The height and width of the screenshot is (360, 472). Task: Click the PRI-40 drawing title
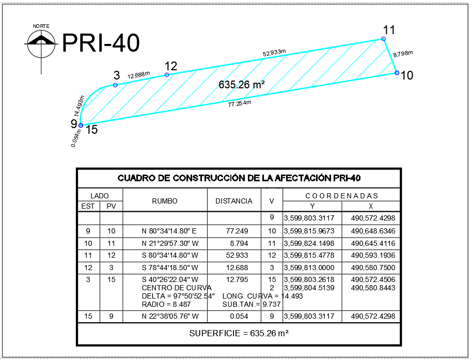point(101,43)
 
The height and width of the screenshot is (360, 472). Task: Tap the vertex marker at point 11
point(383,39)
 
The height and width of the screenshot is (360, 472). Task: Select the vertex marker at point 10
point(397,73)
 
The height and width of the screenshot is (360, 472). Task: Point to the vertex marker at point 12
point(167,75)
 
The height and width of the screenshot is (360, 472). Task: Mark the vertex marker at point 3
point(115,85)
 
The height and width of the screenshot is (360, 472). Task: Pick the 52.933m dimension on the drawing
point(274,53)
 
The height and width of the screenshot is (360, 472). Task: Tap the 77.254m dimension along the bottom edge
point(240,104)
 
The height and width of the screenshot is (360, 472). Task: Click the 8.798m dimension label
point(403,54)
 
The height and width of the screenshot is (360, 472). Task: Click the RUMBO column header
point(165,201)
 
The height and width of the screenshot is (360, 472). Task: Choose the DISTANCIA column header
point(234,201)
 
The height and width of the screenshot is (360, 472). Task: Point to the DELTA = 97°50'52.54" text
point(178,296)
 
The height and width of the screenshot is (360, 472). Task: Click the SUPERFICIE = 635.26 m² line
point(239,333)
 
